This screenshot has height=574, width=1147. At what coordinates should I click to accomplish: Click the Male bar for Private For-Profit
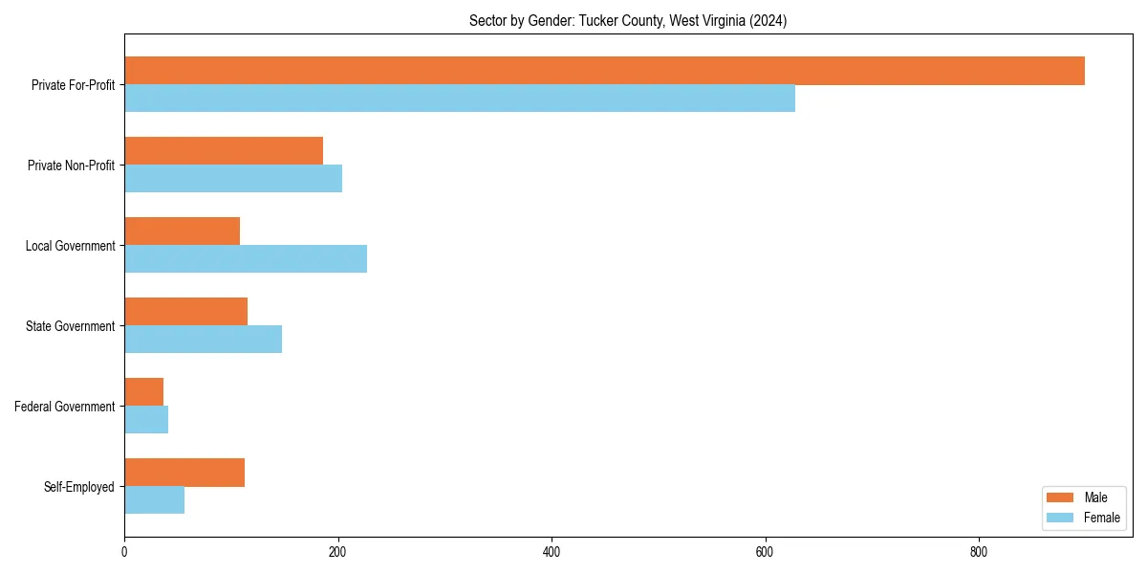pyautogui.click(x=604, y=71)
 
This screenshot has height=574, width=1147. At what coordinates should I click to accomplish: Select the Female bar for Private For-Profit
pyautogui.click(x=460, y=99)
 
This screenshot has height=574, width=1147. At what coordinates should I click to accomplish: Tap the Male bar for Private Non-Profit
pyautogui.click(x=224, y=151)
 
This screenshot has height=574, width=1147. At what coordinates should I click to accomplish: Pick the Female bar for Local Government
pyautogui.click(x=246, y=259)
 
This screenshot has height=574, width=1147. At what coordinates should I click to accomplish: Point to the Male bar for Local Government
pyautogui.click(x=182, y=232)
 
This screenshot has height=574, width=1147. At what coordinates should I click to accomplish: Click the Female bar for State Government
pyautogui.click(x=203, y=340)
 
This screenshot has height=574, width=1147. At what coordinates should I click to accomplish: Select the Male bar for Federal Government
pyautogui.click(x=143, y=392)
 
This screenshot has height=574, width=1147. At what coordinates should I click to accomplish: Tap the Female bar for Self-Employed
pyautogui.click(x=154, y=500)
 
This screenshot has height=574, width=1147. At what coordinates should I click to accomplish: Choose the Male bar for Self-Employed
pyautogui.click(x=184, y=473)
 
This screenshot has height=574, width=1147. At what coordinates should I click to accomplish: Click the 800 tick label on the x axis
pyautogui.click(x=978, y=552)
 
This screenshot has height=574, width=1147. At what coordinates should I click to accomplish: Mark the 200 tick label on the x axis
pyautogui.click(x=337, y=552)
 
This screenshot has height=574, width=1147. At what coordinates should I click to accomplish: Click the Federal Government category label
pyautogui.click(x=64, y=407)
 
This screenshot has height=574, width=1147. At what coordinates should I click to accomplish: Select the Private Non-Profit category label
pyautogui.click(x=71, y=166)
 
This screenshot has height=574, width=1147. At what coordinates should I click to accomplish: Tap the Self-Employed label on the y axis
pyautogui.click(x=78, y=487)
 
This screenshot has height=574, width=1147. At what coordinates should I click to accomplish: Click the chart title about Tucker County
pyautogui.click(x=628, y=21)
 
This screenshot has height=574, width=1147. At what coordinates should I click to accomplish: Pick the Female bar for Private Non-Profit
pyautogui.click(x=233, y=179)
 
